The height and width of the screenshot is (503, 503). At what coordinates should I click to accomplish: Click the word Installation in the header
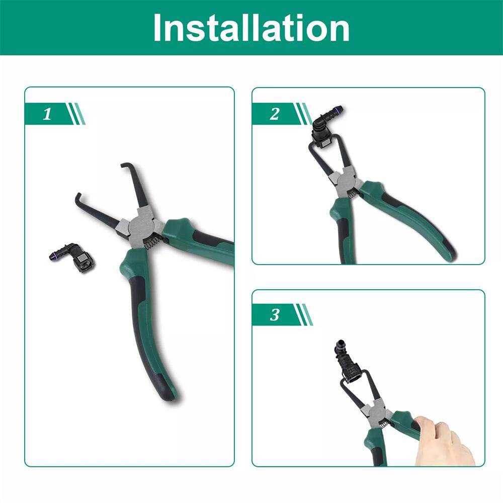pos(251,28)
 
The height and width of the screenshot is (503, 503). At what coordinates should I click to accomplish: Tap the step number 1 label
pos(47,114)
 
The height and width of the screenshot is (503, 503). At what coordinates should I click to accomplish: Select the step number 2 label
pos(274,114)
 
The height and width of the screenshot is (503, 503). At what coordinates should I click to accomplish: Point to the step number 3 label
pos(274,315)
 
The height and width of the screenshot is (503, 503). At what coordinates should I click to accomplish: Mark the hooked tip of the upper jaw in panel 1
pos(126,166)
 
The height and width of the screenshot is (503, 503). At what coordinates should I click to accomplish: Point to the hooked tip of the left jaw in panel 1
pos(78,197)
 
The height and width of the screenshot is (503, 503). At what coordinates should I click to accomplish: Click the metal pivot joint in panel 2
pos(343,180)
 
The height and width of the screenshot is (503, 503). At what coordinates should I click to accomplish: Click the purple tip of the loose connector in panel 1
pos(52,257)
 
